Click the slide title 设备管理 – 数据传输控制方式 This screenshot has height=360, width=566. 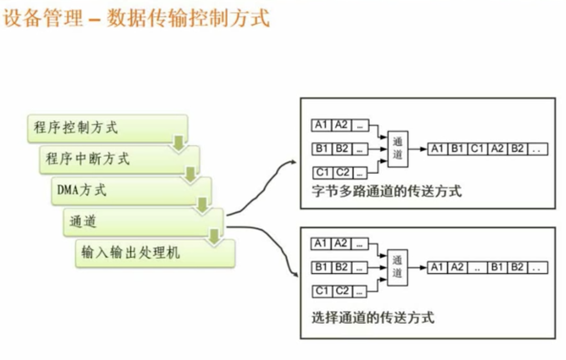[x=136, y=18]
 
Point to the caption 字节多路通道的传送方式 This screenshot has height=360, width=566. [x=387, y=191]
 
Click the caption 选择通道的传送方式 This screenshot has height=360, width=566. [x=373, y=317]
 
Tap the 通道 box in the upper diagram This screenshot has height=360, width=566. [x=398, y=149]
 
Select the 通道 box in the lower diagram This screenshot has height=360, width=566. [x=397, y=267]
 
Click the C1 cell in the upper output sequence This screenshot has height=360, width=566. [x=477, y=149]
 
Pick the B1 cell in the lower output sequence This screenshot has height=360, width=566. [x=497, y=267]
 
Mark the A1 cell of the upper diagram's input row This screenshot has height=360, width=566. [x=322, y=125]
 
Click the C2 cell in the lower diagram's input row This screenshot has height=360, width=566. [x=342, y=291]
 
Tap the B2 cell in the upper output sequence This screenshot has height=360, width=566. [x=517, y=149]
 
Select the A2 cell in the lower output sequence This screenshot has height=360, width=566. [x=457, y=267]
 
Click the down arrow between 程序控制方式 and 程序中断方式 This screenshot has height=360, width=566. [x=179, y=143]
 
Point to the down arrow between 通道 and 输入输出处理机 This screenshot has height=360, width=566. [x=214, y=237]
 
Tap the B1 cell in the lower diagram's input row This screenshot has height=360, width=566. [x=322, y=267]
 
